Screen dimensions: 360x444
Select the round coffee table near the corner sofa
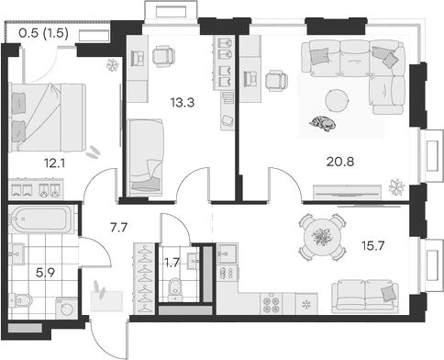pos(339,98)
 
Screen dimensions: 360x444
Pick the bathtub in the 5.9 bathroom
pos(40,221)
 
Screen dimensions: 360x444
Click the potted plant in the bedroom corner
pos(113,66)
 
